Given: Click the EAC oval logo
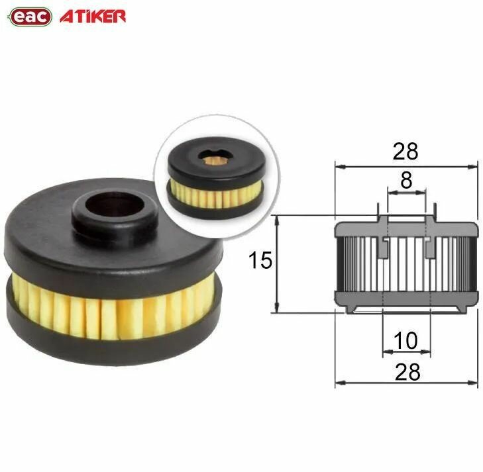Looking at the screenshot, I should [30, 17].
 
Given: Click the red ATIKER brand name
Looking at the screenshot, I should [93, 17].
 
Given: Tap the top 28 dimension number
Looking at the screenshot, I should [405, 151].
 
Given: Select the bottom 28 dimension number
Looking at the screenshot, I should [406, 372].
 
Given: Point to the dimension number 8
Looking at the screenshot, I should [406, 180].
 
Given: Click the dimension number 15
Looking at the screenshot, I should [260, 261].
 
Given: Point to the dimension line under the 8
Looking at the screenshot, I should [406, 193].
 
